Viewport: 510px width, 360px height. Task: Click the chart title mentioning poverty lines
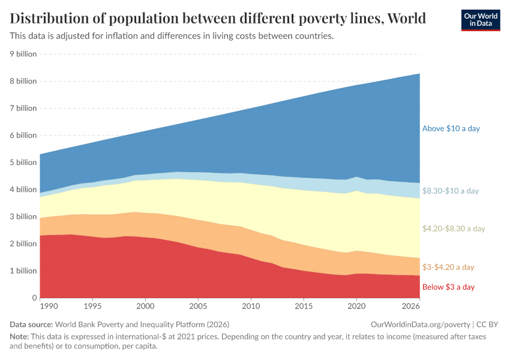click(x=218, y=19)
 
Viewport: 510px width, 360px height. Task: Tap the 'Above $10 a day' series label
click(x=451, y=128)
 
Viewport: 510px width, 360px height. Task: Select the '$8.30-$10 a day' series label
click(x=450, y=191)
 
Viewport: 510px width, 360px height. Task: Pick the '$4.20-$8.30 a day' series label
click(x=454, y=229)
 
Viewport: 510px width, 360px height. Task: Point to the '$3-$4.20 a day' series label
click(x=448, y=267)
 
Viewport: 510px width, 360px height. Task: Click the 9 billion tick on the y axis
click(x=22, y=54)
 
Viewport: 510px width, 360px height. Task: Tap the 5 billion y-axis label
click(x=22, y=162)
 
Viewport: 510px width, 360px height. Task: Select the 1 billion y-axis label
click(x=22, y=271)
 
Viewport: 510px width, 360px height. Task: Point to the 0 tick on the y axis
click(x=34, y=298)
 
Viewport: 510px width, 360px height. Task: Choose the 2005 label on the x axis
click(x=198, y=306)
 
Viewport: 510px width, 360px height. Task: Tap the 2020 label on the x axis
click(x=356, y=306)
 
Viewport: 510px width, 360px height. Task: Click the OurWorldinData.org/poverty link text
click(x=421, y=325)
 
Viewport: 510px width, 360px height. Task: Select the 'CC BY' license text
click(x=487, y=325)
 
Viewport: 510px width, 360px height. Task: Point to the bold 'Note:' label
click(x=21, y=337)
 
